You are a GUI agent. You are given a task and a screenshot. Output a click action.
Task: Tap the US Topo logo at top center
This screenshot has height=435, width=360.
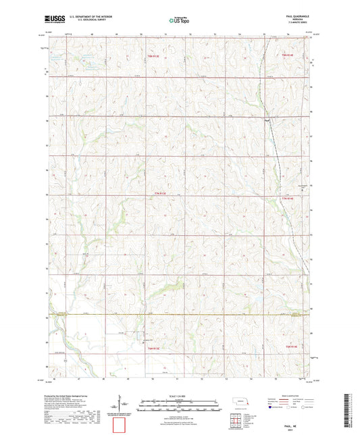pos(179,20)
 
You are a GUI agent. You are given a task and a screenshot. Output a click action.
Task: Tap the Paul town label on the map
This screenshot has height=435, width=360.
pos(267,121)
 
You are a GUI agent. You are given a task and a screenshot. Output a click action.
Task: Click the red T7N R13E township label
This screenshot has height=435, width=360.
pos(158,194)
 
